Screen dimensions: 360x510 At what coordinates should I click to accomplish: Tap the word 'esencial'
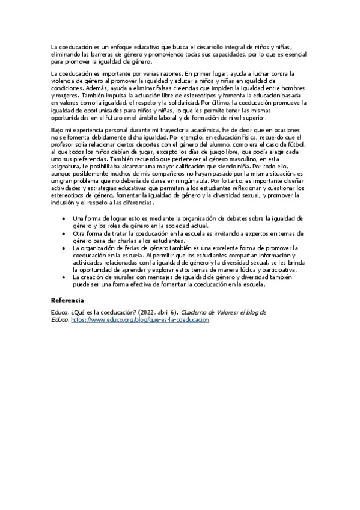(291, 54)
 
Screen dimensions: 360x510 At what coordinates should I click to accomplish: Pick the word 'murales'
(132, 277)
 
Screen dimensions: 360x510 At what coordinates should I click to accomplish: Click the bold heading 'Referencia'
(67, 300)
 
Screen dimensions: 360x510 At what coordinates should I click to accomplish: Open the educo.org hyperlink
(139, 321)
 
